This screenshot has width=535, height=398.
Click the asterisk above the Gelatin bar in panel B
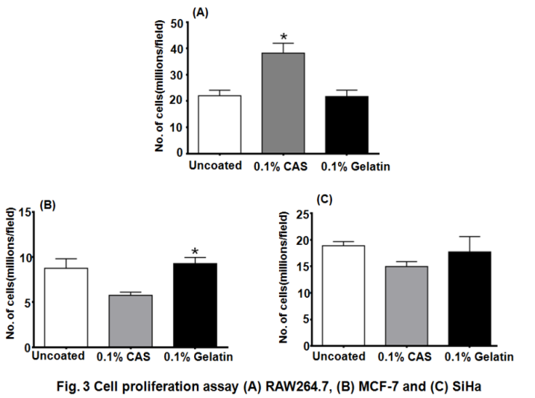195,248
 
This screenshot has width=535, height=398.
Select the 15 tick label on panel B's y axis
27,211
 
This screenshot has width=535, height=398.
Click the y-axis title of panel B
9,279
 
